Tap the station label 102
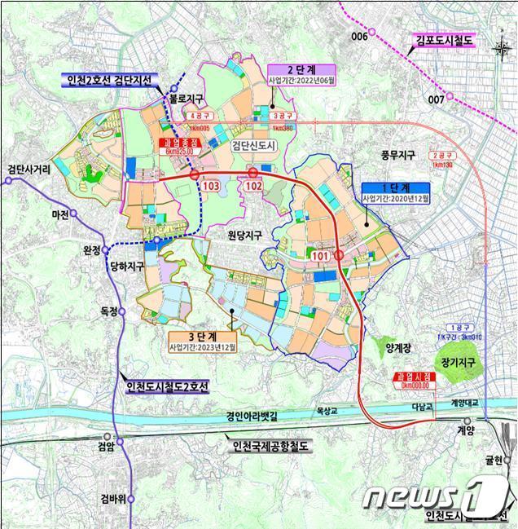(x=253, y=186)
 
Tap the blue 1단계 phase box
(x=393, y=192)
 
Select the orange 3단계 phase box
(x=202, y=338)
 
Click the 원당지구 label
(x=245, y=235)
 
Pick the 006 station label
(x=359, y=37)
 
